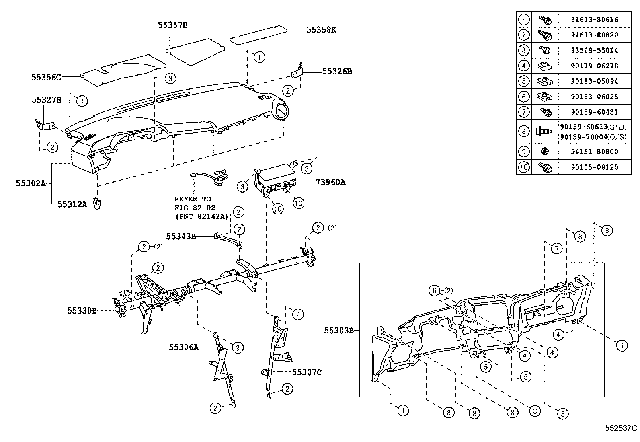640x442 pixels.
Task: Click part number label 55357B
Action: (x=172, y=25)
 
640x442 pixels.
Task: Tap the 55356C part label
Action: (x=46, y=77)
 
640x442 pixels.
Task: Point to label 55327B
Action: (x=46, y=100)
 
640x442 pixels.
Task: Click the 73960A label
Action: (x=330, y=182)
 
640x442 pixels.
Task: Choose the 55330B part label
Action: (x=82, y=310)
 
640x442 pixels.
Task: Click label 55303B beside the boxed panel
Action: (x=339, y=331)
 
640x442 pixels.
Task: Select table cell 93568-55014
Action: (x=594, y=50)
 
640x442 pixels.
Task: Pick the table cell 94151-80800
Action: (x=594, y=152)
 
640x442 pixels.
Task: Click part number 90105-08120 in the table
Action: (x=594, y=167)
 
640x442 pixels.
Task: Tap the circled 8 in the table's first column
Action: (x=523, y=131)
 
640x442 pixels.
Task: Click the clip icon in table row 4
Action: (x=545, y=66)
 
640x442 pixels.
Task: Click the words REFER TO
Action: (x=192, y=199)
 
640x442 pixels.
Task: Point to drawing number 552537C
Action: (x=621, y=428)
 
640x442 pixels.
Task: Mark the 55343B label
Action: (x=181, y=236)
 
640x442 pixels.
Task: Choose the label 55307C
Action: (x=307, y=372)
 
